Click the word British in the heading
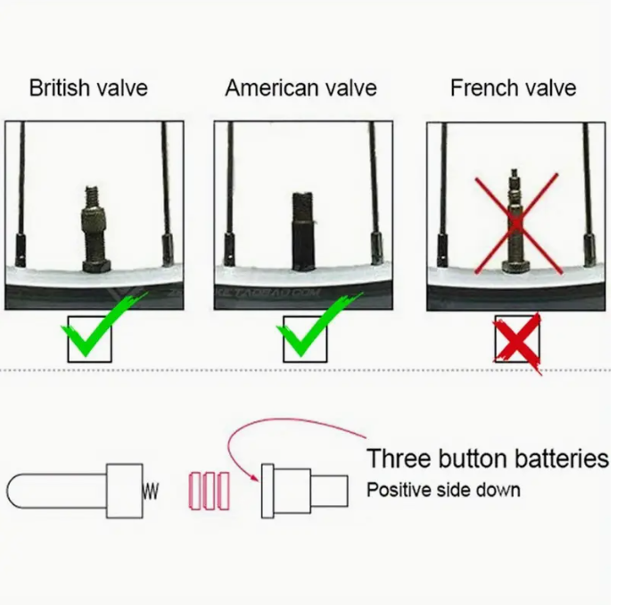tap(60, 87)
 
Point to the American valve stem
tap(303, 232)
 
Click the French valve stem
tap(515, 220)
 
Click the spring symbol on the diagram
tap(151, 492)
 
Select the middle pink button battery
tap(210, 491)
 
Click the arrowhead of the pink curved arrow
tap(255, 477)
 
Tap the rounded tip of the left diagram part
tap(9, 491)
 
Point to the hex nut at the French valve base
tap(515, 266)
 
